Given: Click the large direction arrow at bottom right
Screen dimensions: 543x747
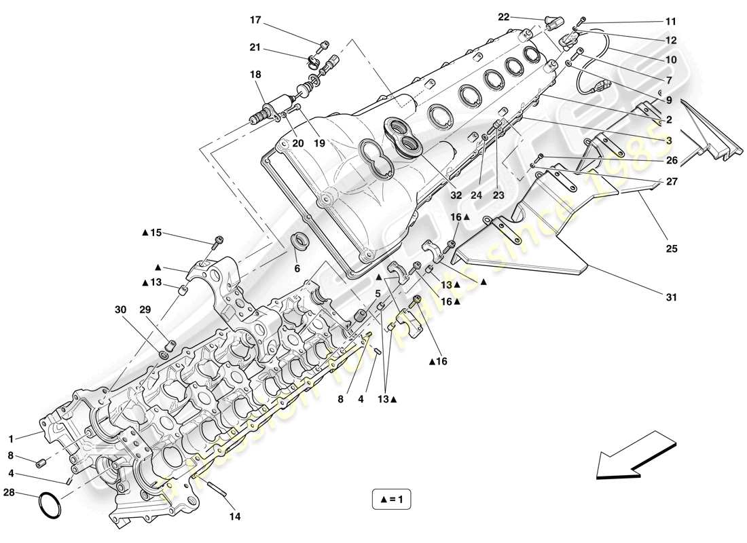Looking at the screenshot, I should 636,455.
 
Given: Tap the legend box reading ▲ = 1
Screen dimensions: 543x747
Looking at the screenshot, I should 392,500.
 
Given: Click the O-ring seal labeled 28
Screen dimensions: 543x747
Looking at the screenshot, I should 50,504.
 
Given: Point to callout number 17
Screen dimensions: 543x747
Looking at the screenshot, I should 255,20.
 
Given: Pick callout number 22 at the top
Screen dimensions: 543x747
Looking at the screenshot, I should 503,16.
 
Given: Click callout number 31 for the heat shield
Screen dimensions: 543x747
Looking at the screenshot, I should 672,297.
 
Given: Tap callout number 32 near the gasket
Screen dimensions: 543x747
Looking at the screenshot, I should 456,195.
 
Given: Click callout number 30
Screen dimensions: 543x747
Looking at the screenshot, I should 120,309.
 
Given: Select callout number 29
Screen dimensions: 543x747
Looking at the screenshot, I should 146,309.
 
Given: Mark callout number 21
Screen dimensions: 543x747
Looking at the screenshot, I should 255,47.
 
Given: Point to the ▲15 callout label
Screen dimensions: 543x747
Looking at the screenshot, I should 153,233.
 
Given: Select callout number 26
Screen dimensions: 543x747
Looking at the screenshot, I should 671,161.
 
